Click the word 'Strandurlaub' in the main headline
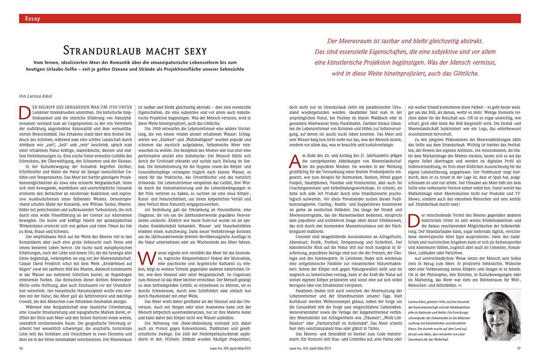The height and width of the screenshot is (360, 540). click(x=99, y=50)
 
